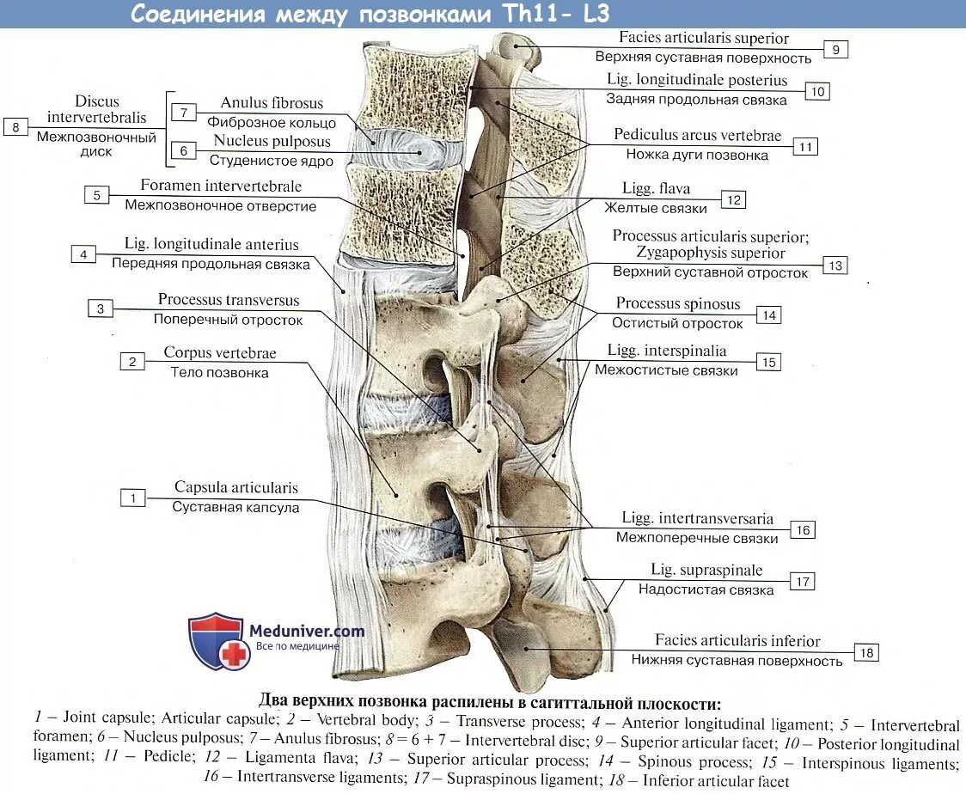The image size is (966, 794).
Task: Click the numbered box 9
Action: pos(835,50)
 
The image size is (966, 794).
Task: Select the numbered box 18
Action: pos(866,654)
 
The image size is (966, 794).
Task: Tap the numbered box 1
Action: pos(132,498)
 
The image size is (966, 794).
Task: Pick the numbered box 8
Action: pos(15,127)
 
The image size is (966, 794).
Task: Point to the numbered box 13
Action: pos(835,266)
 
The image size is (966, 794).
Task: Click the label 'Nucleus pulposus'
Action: pos(272,142)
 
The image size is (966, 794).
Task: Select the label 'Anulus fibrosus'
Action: pos(272,103)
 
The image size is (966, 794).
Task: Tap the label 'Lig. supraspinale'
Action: pos(706,571)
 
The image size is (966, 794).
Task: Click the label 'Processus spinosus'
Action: pos(678,304)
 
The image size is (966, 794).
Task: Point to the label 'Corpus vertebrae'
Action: pos(220,353)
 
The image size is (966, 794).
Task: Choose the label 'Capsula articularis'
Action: pos(236,488)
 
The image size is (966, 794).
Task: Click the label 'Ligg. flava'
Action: pos(656,189)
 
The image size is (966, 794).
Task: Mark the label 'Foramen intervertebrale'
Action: pos(221,186)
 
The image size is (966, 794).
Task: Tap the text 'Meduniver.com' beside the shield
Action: pos(307,631)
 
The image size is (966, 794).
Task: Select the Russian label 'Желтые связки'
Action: pos(656,208)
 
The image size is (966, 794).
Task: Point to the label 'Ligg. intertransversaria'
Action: pos(698,519)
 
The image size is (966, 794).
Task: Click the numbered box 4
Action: pos(83,254)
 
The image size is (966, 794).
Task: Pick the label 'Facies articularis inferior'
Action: pos(737,641)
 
